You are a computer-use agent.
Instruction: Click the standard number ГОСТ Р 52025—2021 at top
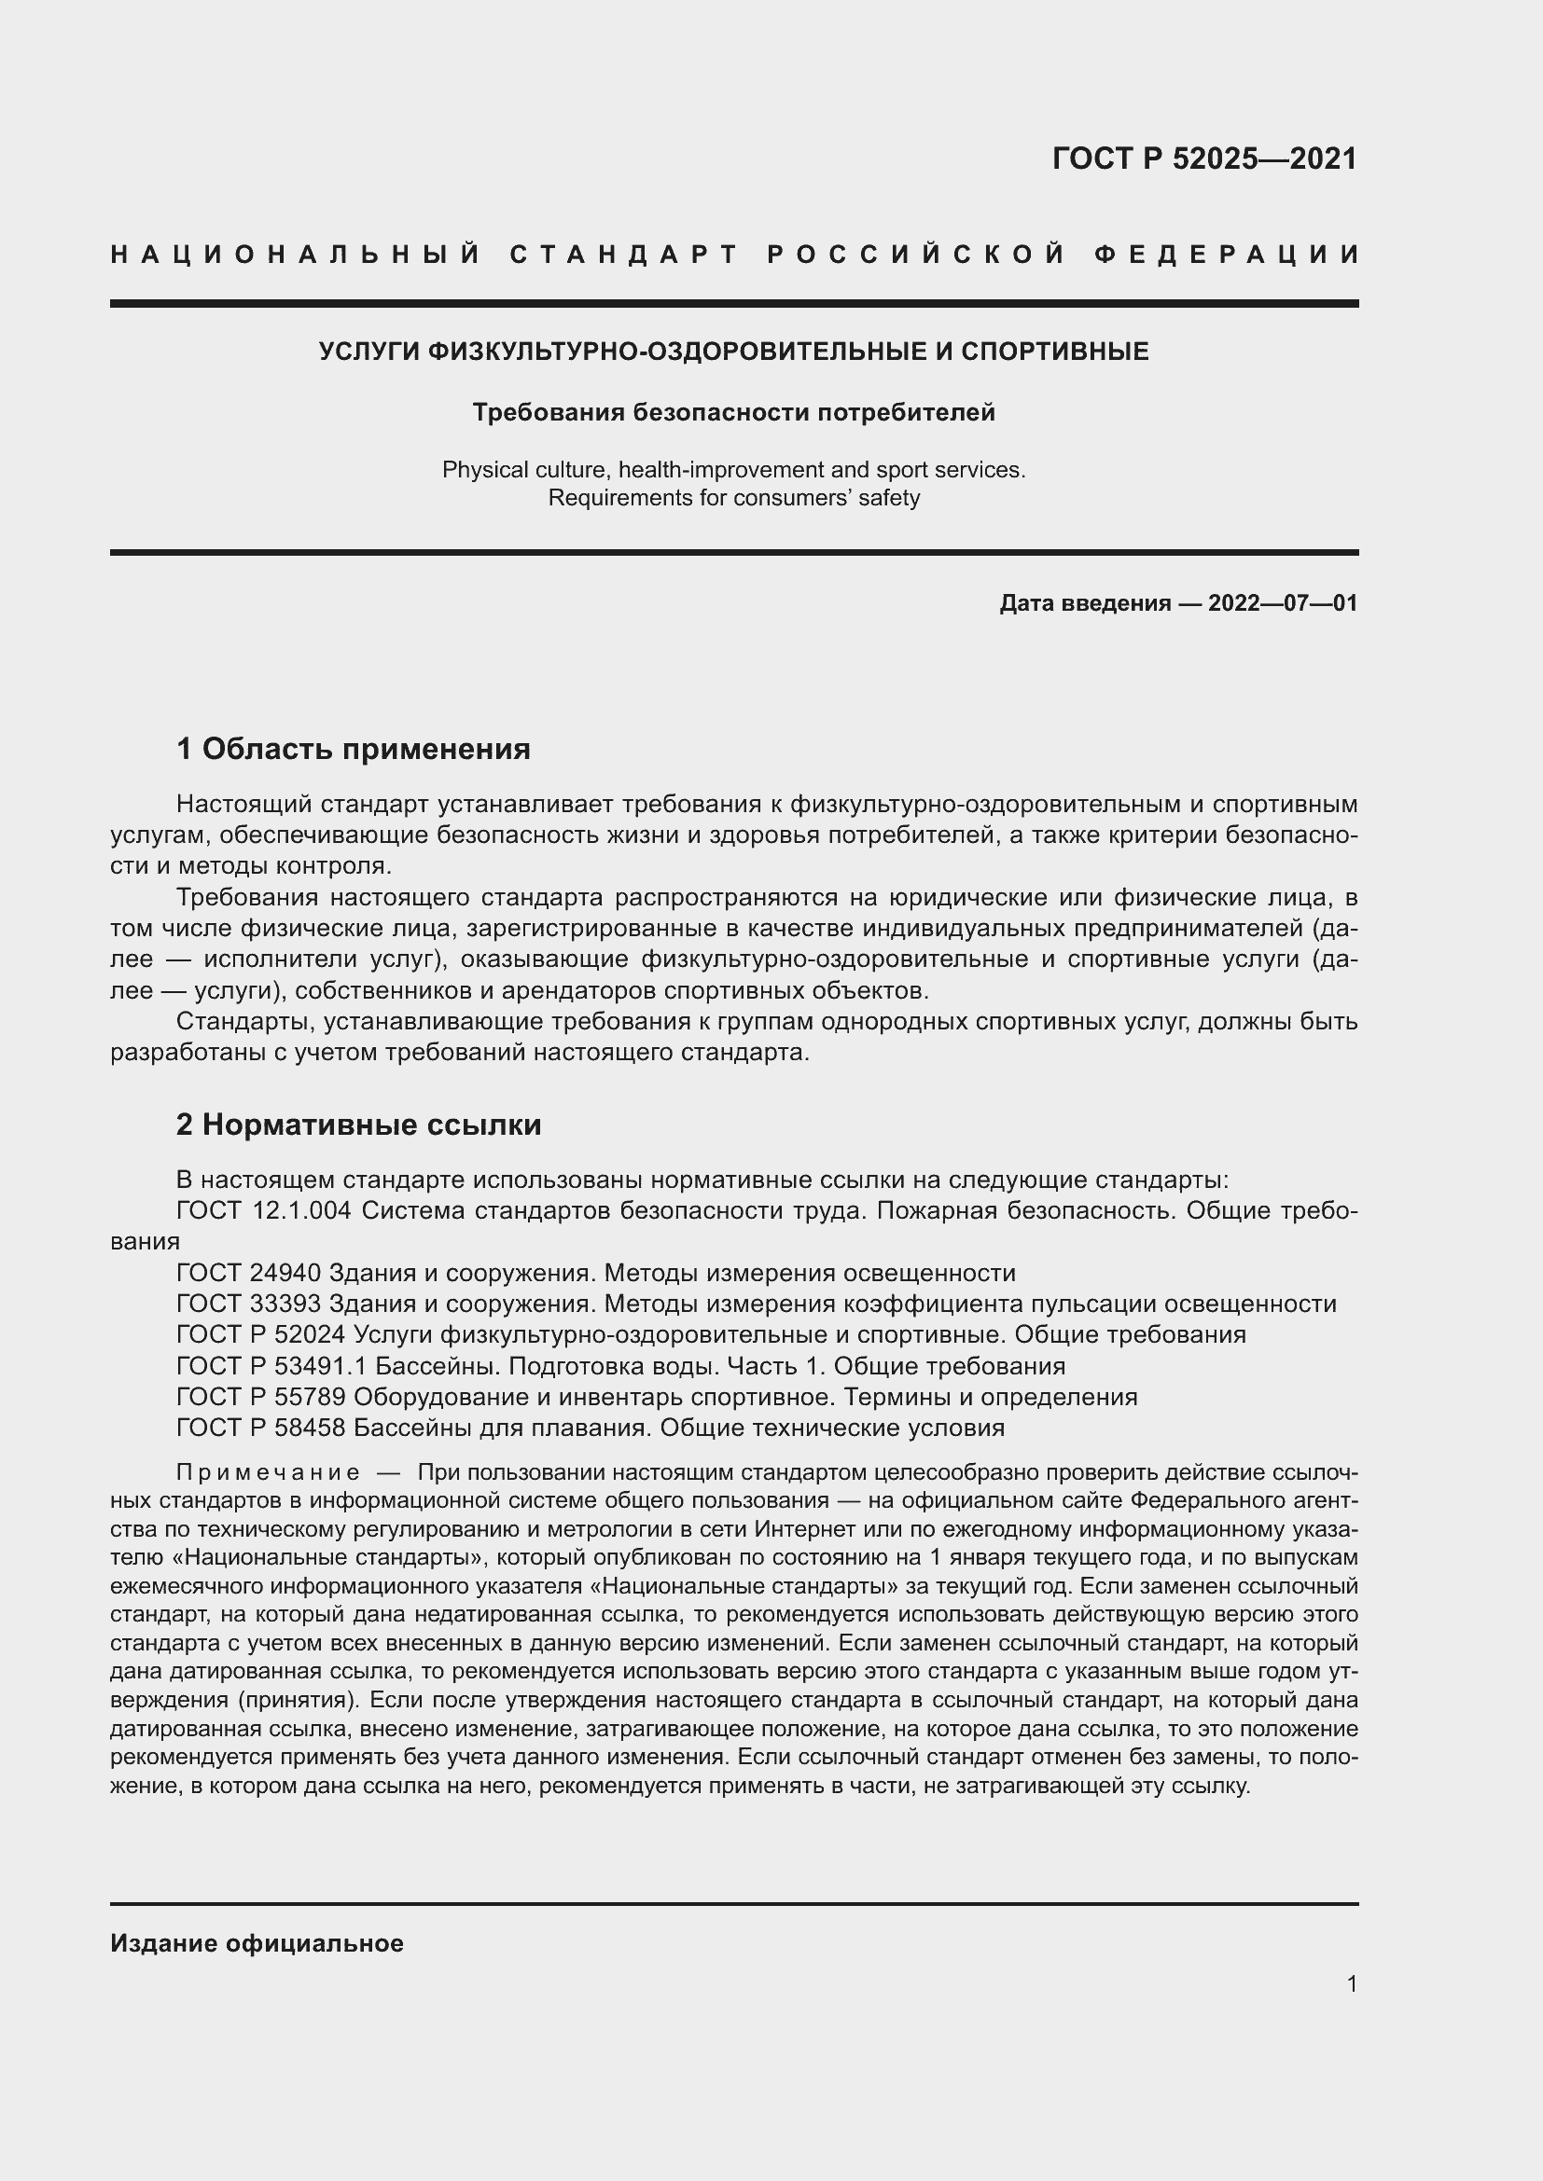(1203, 159)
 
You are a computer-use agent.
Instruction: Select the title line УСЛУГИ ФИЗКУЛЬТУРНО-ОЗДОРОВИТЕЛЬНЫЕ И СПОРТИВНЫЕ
(733, 352)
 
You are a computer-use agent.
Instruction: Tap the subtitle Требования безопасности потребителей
(733, 412)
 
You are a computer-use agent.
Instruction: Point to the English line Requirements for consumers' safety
(733, 498)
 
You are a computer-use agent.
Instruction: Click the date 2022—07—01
(1283, 603)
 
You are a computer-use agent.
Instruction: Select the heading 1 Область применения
(353, 750)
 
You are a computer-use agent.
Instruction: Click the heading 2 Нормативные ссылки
(358, 1125)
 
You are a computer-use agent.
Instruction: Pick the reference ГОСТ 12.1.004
(264, 1211)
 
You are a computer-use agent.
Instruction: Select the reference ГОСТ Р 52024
(260, 1335)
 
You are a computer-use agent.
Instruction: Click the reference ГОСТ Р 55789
(260, 1398)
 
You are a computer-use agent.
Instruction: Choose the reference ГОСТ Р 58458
(260, 1429)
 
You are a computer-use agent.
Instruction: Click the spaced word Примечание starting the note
(268, 1473)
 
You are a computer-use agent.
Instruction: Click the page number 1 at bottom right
(1351, 1984)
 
